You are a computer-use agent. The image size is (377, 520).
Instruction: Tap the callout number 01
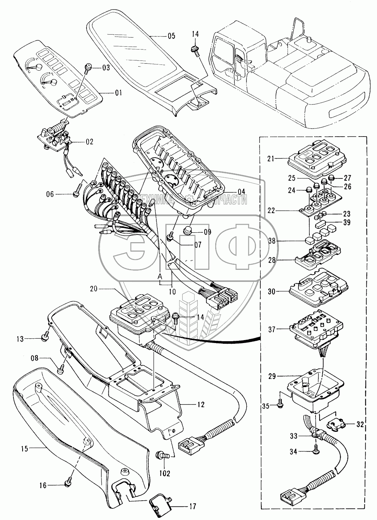(x=119, y=94)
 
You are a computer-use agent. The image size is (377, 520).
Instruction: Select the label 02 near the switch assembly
(x=89, y=142)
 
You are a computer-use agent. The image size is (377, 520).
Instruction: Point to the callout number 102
(x=164, y=474)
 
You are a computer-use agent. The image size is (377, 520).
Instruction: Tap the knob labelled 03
(x=88, y=67)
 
